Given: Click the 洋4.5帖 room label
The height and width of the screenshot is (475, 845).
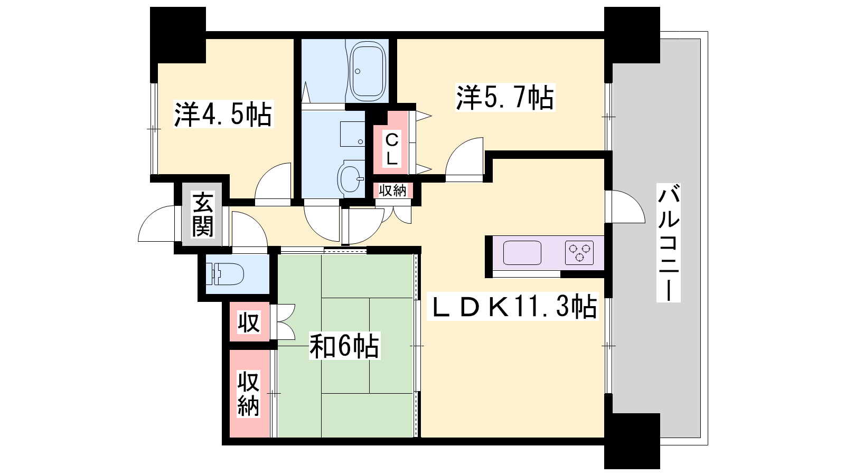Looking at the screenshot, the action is pos(223,114).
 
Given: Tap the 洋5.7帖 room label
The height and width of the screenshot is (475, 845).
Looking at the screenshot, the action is pos(505,97).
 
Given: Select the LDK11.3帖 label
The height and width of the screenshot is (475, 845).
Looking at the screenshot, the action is pos(512,307).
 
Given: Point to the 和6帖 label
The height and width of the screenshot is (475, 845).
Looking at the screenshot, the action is pos(344,345).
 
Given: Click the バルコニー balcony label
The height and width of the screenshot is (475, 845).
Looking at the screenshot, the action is pos(669,243).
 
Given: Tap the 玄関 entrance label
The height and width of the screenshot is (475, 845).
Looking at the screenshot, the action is pos(203,214).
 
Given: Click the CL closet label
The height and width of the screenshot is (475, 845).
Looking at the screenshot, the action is pos(391,149).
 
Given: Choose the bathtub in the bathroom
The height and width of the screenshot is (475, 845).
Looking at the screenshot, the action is pos(368,71).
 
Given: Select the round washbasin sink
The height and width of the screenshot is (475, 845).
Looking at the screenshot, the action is pos(351,179).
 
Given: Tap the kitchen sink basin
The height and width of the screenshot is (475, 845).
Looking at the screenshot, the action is pos(522,253).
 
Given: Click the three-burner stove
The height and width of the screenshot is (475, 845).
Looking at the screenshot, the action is pos(579,253).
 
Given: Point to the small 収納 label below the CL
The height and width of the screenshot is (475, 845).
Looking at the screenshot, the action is pos(393,191).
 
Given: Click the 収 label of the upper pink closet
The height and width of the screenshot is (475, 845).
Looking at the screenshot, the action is pos(249,322).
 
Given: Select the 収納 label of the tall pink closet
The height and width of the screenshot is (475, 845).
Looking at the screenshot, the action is pos(249,393).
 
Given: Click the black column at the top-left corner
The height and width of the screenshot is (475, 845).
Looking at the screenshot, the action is pos(177,35).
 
